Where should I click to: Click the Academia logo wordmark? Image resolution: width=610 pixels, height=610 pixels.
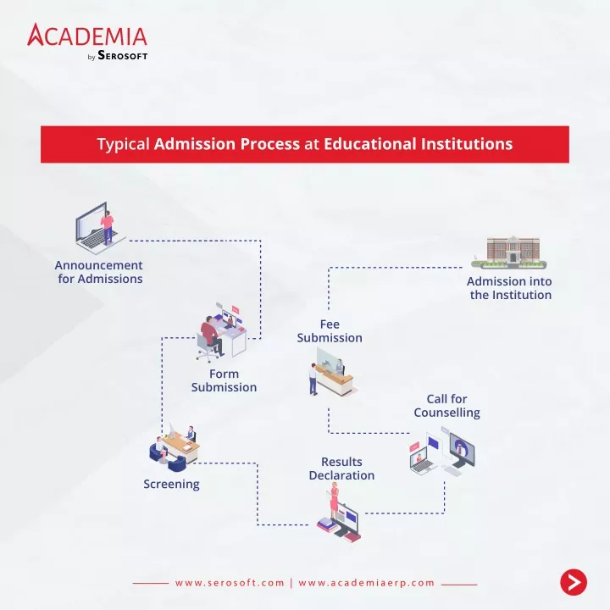click(x=87, y=35)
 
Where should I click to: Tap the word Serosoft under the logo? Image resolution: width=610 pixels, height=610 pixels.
click(x=123, y=55)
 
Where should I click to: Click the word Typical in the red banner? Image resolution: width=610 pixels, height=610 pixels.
click(x=124, y=144)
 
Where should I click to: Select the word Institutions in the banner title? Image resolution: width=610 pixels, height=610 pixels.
click(x=467, y=143)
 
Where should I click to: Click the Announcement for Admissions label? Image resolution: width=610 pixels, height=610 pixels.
click(x=99, y=272)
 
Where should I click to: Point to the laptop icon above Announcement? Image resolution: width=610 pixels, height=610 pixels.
click(x=100, y=228)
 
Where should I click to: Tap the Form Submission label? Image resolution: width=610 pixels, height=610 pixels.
click(x=224, y=380)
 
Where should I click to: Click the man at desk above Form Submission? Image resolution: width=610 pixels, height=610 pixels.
click(x=213, y=335)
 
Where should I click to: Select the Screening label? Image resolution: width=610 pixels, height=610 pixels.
click(x=171, y=484)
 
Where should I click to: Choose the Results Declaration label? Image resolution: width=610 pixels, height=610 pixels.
click(x=341, y=469)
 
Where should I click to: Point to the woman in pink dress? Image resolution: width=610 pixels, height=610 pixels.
click(x=334, y=501)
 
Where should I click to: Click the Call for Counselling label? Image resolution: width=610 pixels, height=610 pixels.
click(x=447, y=405)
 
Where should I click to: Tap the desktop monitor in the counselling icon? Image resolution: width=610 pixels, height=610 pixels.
click(x=463, y=450)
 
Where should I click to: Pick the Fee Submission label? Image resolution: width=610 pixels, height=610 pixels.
click(x=330, y=331)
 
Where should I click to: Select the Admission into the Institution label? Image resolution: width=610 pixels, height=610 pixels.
click(x=510, y=288)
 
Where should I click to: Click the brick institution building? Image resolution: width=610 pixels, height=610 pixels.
click(x=509, y=252)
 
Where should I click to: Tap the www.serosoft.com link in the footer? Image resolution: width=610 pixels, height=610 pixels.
click(x=230, y=583)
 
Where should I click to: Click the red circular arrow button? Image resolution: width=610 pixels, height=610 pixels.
click(x=574, y=582)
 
